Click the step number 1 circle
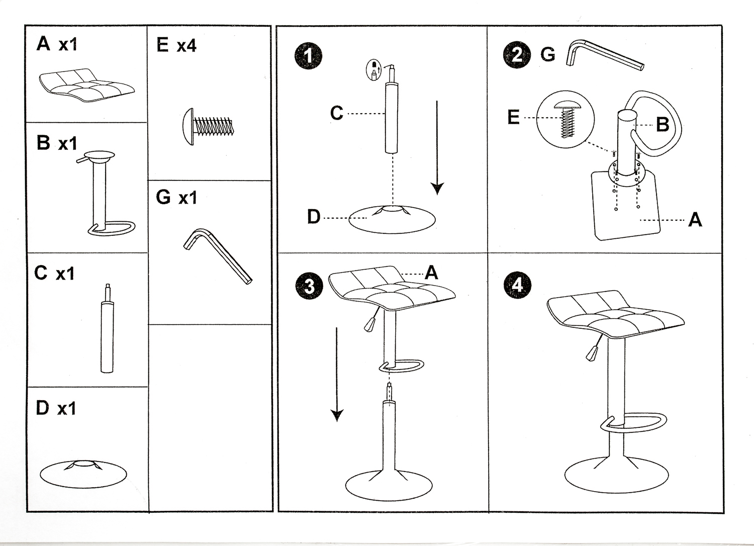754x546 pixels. point(308,55)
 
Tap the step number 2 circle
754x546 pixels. point(517,54)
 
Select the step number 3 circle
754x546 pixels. point(309,286)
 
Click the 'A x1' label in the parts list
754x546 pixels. point(56,44)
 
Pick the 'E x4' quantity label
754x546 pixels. point(176,45)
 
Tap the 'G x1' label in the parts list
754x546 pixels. point(176,197)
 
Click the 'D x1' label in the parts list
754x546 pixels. point(55,408)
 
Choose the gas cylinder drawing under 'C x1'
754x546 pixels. point(107,332)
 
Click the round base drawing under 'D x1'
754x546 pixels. point(83,473)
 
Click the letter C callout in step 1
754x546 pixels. point(336,113)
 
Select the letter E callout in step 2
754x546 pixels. point(513,117)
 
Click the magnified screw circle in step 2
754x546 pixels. point(565,120)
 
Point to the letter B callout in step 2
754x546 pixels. point(663,124)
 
